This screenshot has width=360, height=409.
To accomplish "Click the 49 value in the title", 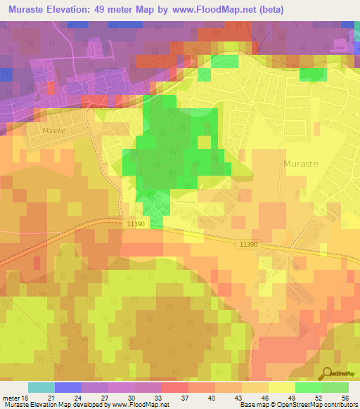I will point(114,11).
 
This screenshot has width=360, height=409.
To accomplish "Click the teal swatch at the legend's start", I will point(41,387).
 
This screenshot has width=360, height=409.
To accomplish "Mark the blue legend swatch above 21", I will point(68,387).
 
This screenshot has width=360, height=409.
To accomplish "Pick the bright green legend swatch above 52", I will point(309,387).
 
